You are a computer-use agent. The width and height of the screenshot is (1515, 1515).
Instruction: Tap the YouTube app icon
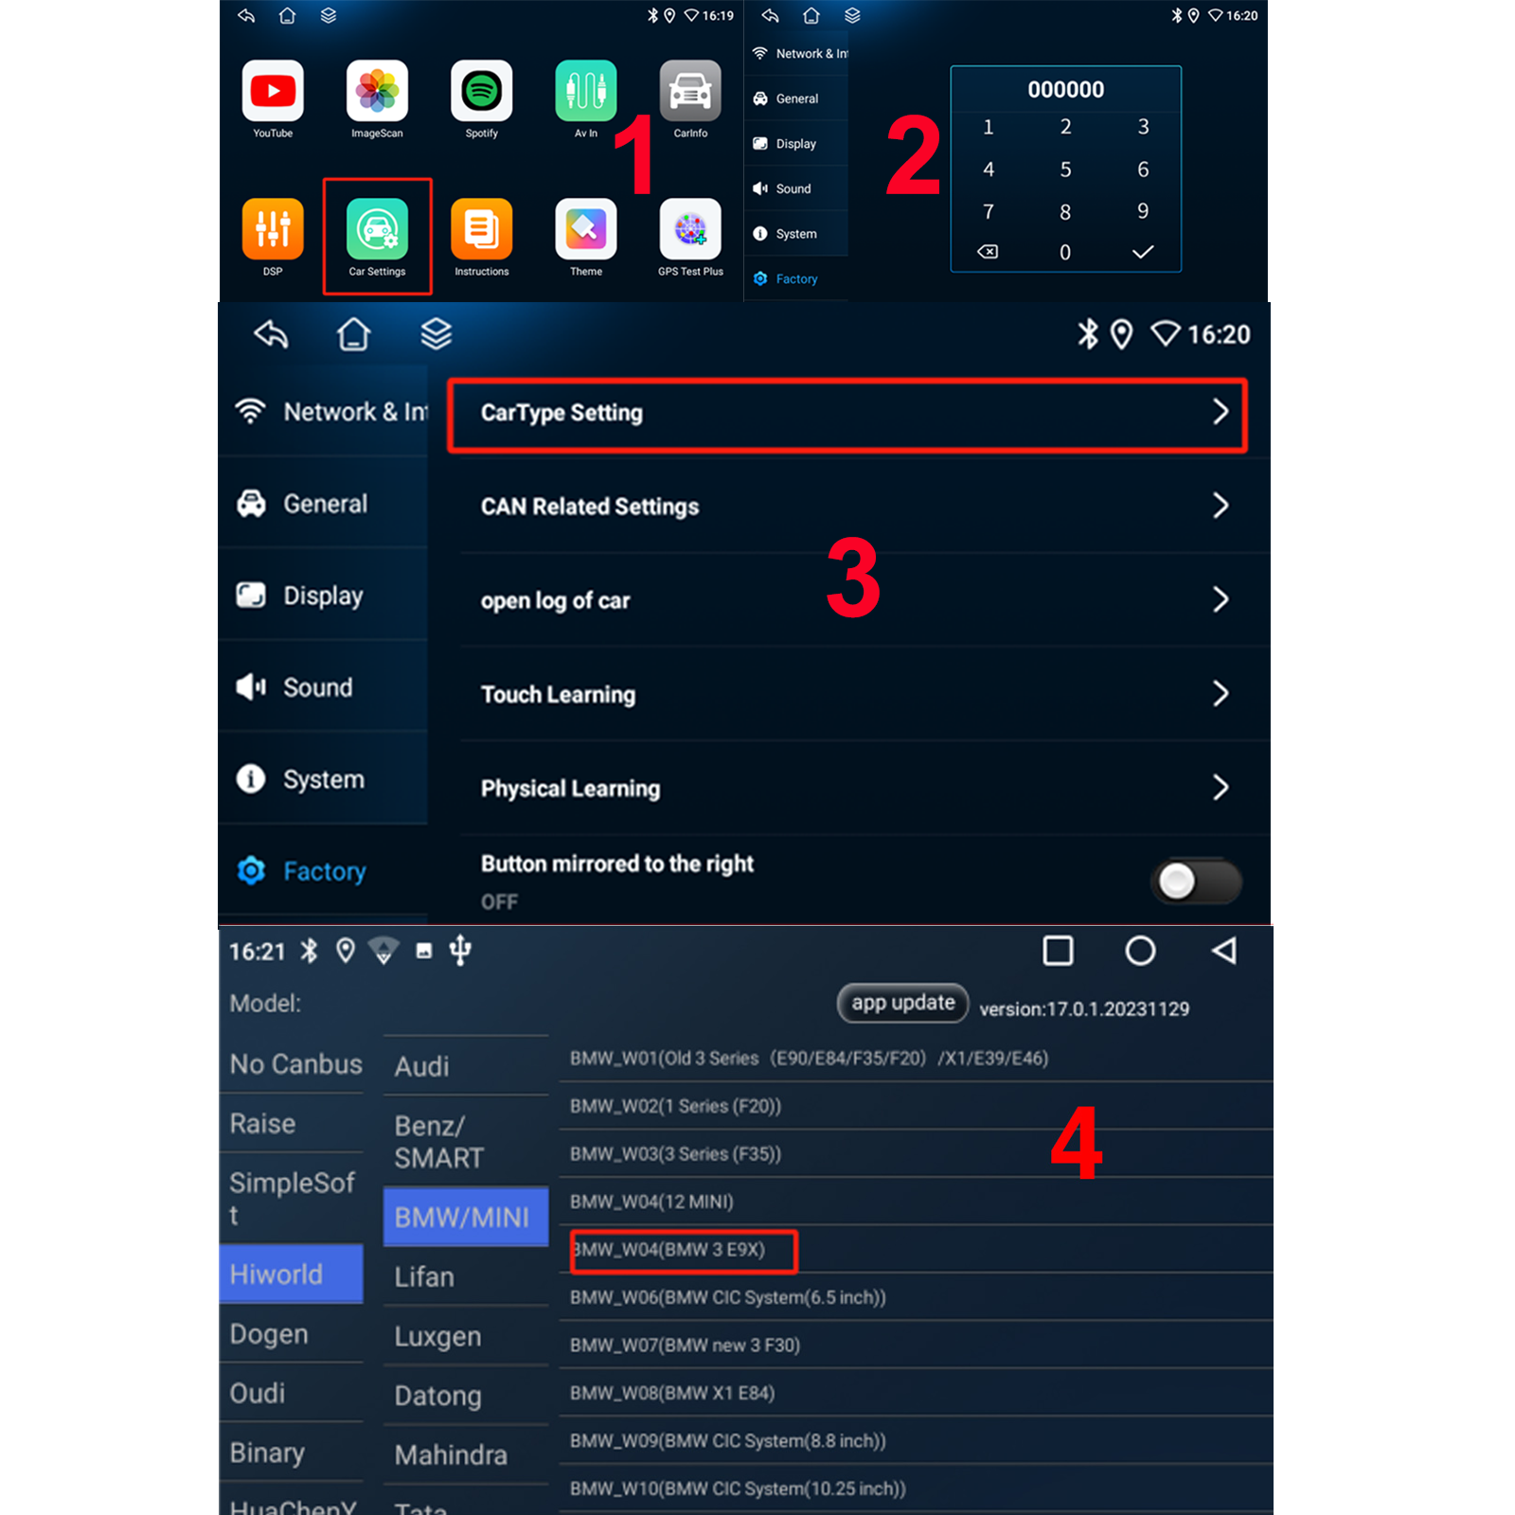pos(273,91)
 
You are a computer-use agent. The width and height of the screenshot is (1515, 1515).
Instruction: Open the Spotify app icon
pos(481,91)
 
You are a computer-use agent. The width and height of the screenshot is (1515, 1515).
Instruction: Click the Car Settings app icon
pos(377,228)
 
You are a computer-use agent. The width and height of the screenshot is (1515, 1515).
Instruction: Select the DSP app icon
pos(273,228)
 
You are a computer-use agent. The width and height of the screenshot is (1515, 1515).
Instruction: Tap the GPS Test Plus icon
pos(690,228)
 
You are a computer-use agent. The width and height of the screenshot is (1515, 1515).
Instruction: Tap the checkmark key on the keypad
pos(1143,252)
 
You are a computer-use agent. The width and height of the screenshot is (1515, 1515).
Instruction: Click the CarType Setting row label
pos(561,413)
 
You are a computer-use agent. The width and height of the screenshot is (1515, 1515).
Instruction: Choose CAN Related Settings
pos(590,507)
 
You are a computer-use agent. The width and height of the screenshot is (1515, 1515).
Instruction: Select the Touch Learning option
pos(558,694)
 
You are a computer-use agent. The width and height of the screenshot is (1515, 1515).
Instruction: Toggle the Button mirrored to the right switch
pos(1197,882)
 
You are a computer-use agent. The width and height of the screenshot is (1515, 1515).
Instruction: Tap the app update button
pos(902,1003)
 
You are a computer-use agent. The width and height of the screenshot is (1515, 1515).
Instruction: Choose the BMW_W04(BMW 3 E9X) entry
pos(668,1250)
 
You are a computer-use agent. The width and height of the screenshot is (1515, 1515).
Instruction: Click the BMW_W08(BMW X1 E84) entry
pos(672,1393)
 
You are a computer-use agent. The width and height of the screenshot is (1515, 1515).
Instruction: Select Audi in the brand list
pos(421,1066)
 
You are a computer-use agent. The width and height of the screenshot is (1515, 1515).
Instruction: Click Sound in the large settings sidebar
pos(317,687)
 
